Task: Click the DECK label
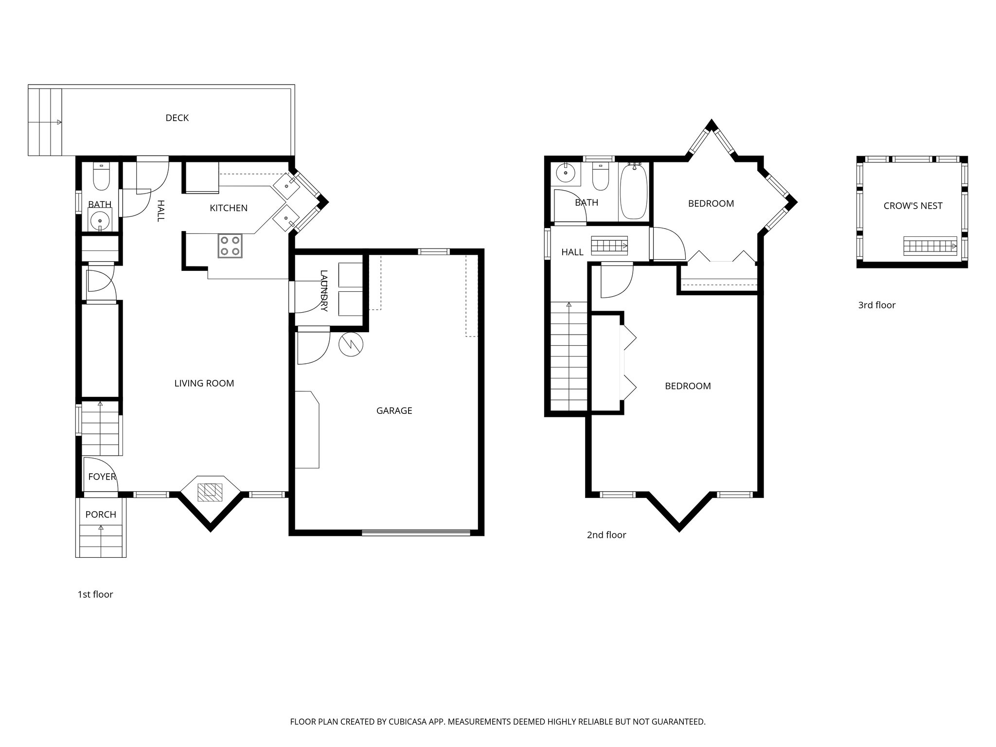pyautogui.click(x=177, y=118)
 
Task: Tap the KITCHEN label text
pyautogui.click(x=229, y=208)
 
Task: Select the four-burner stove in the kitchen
pyautogui.click(x=230, y=246)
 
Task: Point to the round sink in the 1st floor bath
pyautogui.click(x=100, y=219)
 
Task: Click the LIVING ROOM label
pyautogui.click(x=204, y=383)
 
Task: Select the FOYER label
pyautogui.click(x=102, y=477)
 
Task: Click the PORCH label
pyautogui.click(x=101, y=515)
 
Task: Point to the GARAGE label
pyautogui.click(x=394, y=410)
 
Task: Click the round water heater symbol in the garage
pyautogui.click(x=351, y=345)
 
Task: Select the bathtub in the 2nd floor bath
pyautogui.click(x=634, y=192)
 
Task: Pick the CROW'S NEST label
pyautogui.click(x=913, y=206)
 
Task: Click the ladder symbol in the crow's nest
pyautogui.click(x=930, y=246)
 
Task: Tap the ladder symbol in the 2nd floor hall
pyautogui.click(x=609, y=246)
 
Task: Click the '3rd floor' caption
pyautogui.click(x=876, y=305)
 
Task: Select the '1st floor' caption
pyautogui.click(x=95, y=594)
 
